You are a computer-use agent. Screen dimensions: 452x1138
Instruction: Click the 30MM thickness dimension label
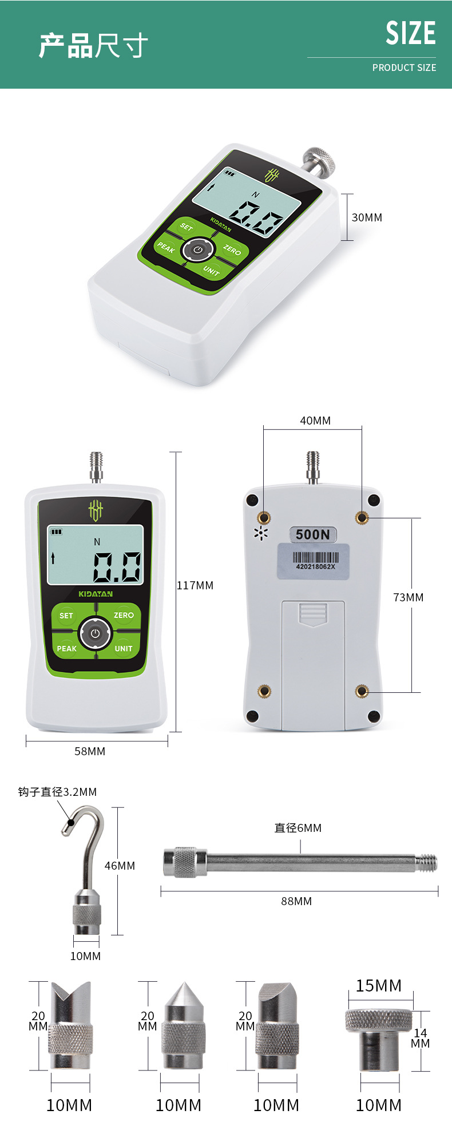[x=367, y=217]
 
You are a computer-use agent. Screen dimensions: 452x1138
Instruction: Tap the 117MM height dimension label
[x=195, y=585]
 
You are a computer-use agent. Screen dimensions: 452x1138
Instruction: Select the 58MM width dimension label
[x=90, y=751]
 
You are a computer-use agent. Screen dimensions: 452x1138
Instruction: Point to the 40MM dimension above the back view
[x=315, y=421]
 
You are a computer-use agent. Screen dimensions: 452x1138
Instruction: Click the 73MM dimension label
[x=409, y=597]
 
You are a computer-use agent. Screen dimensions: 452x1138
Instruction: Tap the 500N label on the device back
[x=312, y=534]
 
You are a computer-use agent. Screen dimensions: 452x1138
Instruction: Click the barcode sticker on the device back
[x=314, y=561]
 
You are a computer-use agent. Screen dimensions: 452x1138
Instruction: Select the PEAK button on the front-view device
[x=67, y=648]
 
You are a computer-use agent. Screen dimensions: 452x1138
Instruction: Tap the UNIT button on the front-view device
[x=124, y=648]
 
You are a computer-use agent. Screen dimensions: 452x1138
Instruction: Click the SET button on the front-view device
[x=66, y=616]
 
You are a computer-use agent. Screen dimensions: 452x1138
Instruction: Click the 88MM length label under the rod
[x=296, y=901]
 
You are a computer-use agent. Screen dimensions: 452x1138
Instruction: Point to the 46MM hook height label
[x=120, y=866]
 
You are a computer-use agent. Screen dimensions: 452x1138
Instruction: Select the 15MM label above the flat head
[x=379, y=985]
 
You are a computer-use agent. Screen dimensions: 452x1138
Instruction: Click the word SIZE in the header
[x=411, y=33]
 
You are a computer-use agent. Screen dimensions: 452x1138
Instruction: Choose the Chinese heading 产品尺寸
[x=93, y=46]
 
